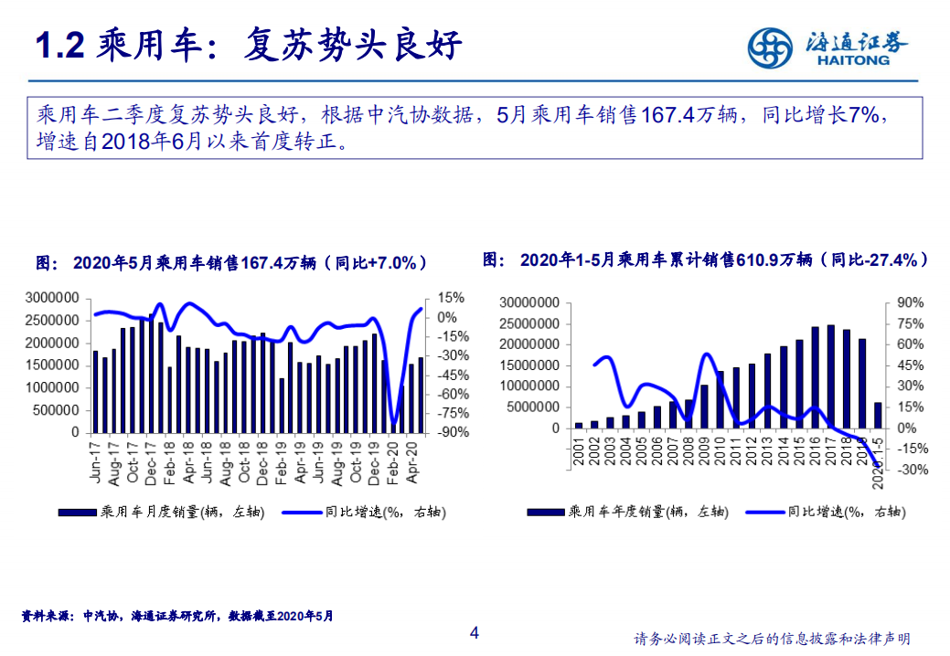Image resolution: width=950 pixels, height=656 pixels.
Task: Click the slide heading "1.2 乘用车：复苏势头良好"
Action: point(247,46)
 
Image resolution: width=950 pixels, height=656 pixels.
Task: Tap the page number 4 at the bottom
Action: point(474,633)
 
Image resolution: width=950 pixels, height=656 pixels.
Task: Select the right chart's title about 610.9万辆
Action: point(706,260)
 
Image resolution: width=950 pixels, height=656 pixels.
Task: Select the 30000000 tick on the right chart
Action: point(528,303)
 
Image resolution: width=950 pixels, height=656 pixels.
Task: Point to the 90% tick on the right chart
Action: point(909,303)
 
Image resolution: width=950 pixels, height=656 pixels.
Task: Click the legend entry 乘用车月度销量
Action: point(161,513)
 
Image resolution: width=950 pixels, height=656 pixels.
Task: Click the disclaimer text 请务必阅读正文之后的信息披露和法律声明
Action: point(772,639)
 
